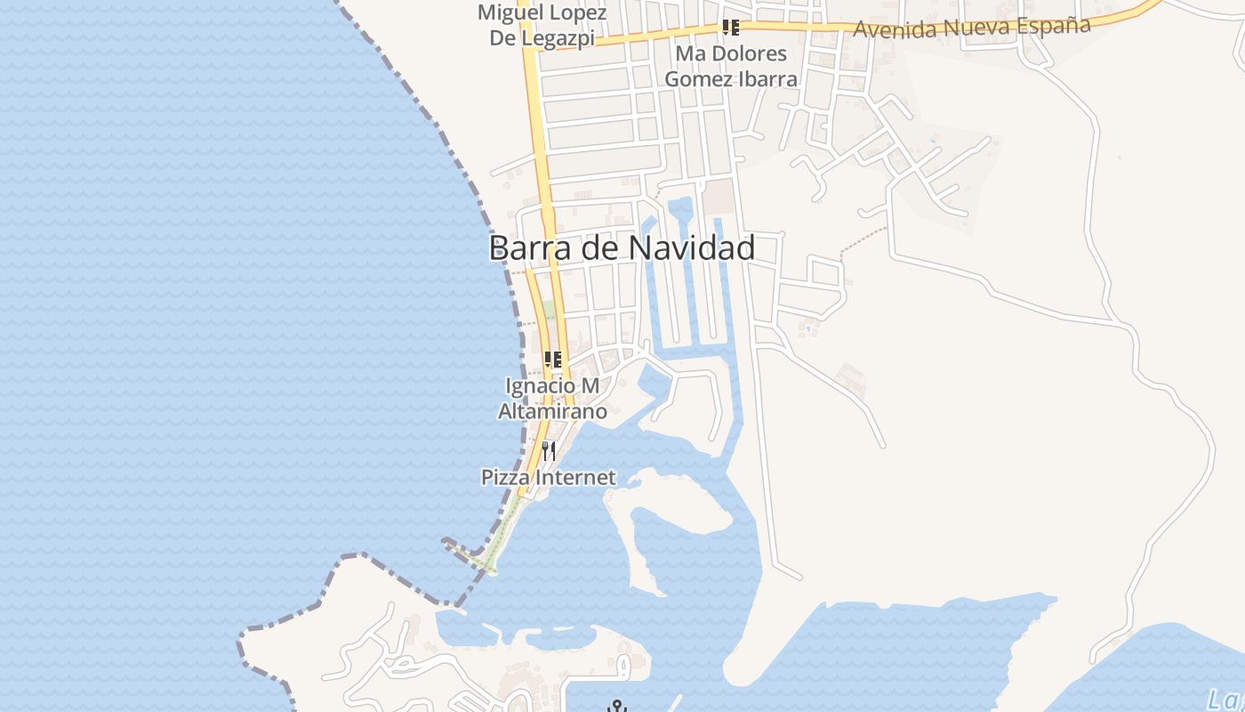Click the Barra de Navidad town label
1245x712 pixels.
click(622, 247)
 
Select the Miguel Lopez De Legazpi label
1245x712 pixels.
click(542, 25)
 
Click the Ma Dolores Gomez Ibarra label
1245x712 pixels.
click(731, 66)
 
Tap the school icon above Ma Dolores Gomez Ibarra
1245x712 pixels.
click(731, 27)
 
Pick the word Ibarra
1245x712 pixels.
click(767, 78)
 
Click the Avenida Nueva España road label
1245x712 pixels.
click(971, 27)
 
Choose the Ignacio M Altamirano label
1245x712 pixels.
click(552, 399)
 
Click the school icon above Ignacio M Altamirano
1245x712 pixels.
click(552, 360)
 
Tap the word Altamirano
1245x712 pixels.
click(552, 411)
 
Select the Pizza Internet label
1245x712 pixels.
click(548, 477)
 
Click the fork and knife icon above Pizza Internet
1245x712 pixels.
click(548, 451)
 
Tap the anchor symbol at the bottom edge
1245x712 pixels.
click(616, 707)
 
